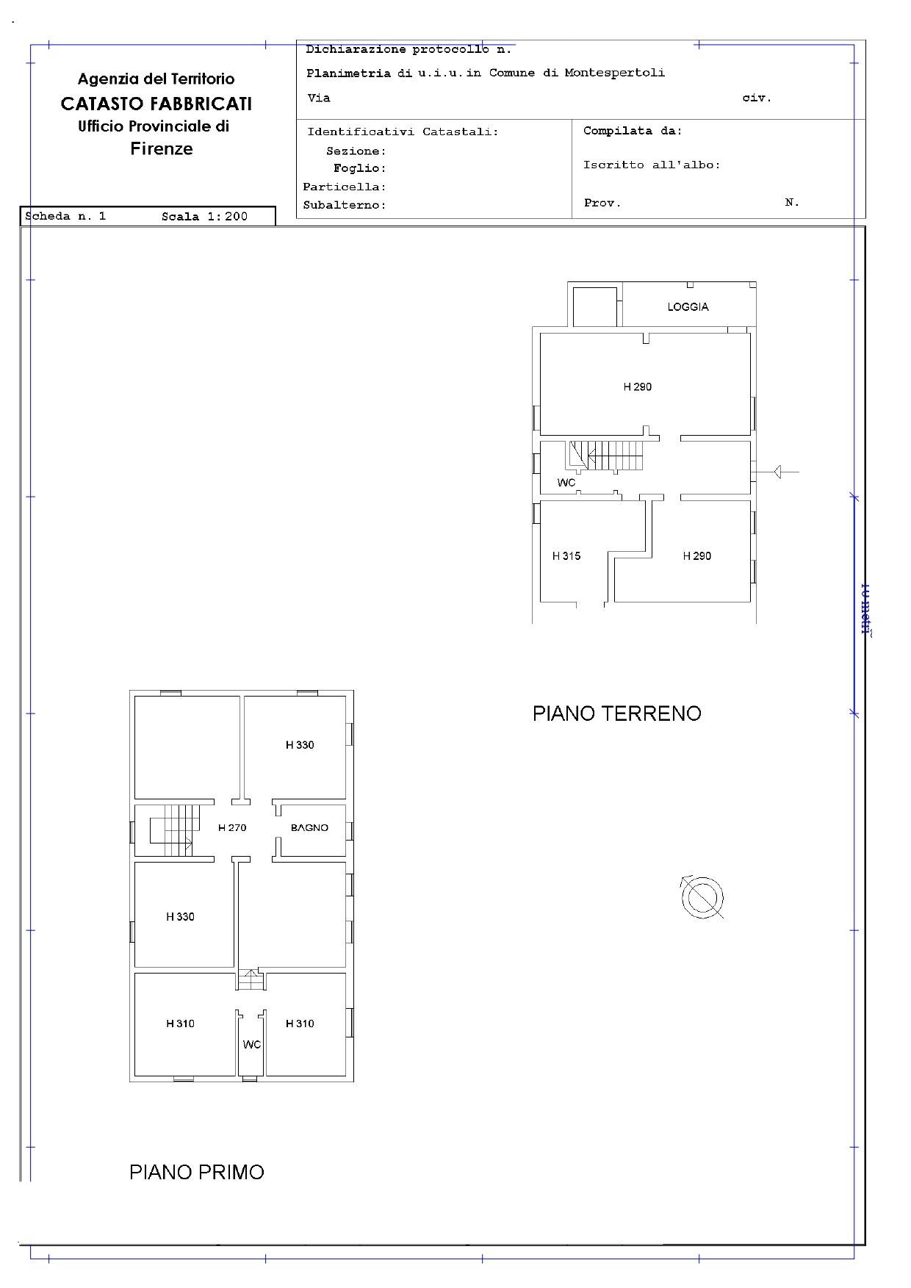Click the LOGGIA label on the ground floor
688,306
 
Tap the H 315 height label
566,556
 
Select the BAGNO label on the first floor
309,827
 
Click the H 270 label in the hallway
232,827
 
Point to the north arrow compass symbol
702,897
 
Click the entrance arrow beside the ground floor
784,472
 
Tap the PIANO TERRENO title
617,713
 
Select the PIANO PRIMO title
197,1172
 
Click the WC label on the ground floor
566,483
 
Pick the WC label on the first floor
252,1045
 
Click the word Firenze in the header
162,148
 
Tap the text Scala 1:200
205,217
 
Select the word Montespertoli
615,73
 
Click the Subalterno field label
345,205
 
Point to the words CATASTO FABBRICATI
156,104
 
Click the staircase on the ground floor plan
604,456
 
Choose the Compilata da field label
633,131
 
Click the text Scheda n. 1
65,217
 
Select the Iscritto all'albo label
652,165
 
